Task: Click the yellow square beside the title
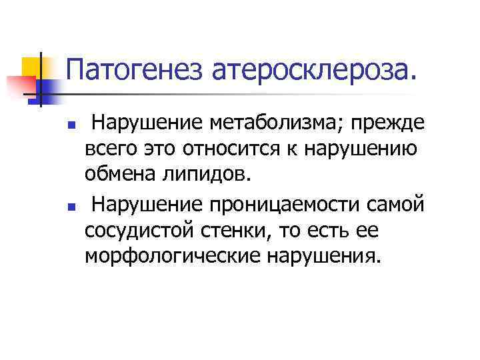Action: coord(31,67)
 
